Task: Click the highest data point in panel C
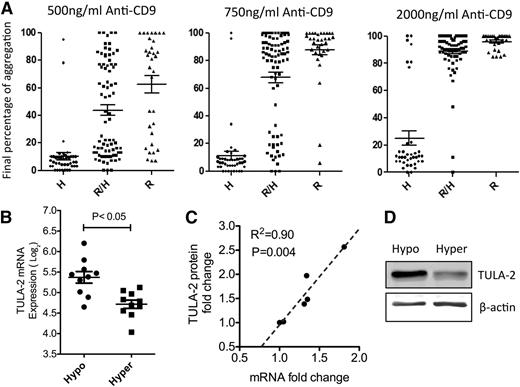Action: [344, 247]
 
